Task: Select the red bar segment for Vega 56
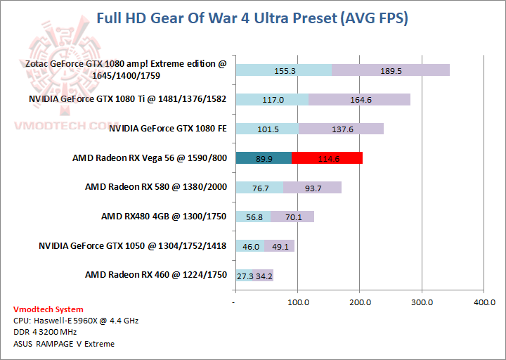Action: (x=327, y=158)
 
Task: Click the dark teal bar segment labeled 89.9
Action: (x=264, y=158)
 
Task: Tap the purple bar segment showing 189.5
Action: (x=390, y=70)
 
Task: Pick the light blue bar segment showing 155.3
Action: (x=283, y=70)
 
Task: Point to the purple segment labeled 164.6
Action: (x=360, y=100)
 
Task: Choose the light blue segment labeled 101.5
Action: (x=268, y=129)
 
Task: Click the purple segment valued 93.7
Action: (x=312, y=188)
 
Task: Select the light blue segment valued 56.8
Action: (x=253, y=217)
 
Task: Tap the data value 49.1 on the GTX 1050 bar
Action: (x=280, y=246)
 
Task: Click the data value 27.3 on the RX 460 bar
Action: (x=245, y=275)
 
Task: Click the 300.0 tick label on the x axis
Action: (x=422, y=302)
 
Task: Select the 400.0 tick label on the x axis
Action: (x=484, y=302)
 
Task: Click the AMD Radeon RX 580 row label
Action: (x=155, y=187)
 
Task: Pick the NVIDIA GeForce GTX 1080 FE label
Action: (x=167, y=128)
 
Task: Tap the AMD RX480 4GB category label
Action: (x=163, y=217)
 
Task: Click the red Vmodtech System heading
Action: (x=48, y=309)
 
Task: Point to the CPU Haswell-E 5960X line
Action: (x=76, y=321)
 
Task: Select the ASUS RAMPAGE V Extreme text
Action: (x=63, y=344)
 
